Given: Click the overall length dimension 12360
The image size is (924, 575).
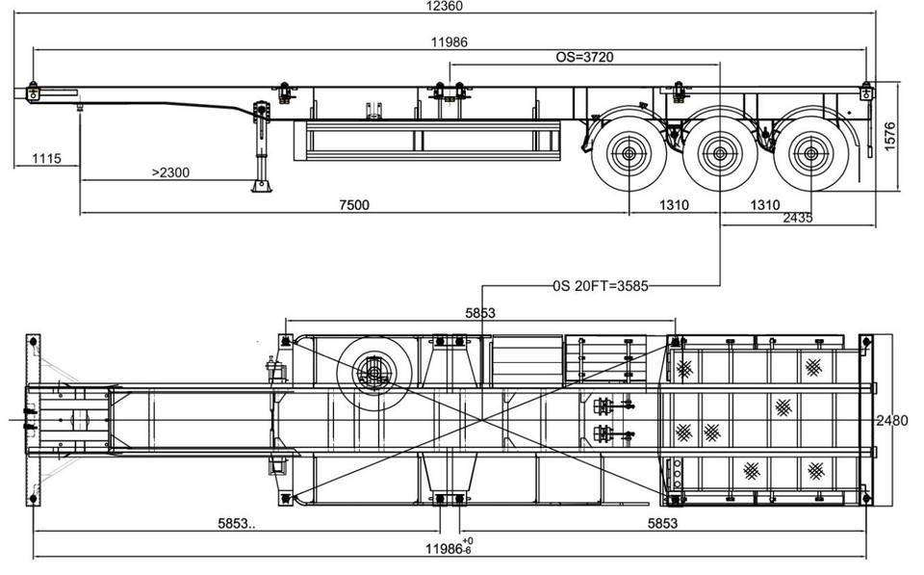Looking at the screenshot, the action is coord(445,7).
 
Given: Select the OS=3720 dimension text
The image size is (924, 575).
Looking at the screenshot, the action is coord(584,57).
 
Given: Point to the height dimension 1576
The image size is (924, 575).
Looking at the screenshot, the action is coord(889,136).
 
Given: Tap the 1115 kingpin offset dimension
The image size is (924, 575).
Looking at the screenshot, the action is coord(46,158).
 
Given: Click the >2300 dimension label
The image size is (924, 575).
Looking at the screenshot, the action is coord(170,172).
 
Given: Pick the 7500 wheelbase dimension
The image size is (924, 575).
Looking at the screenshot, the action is coord(355,204).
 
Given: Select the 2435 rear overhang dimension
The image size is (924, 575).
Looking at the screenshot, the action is coord(798,218).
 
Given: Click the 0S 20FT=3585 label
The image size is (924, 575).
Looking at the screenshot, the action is coord(601,286).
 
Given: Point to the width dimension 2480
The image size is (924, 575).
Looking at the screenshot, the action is coord(892,421).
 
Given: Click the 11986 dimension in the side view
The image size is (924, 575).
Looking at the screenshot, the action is coord(449,41).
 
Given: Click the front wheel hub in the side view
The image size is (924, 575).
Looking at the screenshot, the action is coord(629,154).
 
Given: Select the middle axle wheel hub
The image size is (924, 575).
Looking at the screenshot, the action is coord(720,154).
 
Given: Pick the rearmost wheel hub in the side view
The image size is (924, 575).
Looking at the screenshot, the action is coord(810,154).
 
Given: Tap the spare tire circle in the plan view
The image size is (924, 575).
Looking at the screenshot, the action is coord(373,374).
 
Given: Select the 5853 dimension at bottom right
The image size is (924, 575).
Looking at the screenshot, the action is coord(663,523).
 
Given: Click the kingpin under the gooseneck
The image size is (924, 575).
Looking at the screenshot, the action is coord(80,107).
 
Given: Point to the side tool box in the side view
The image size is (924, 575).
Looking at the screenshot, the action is coord(426,141).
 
